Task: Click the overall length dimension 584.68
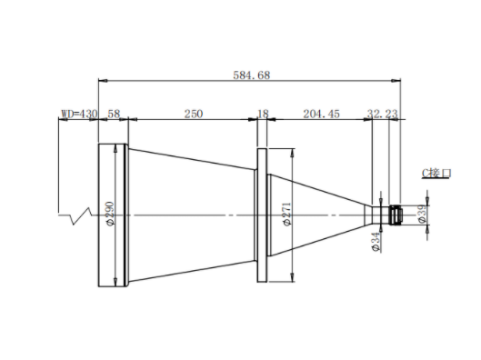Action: point(252,75)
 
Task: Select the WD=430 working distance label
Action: point(79,114)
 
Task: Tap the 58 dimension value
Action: point(114,114)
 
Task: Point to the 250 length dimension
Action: point(194,114)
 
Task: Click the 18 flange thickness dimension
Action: point(263,114)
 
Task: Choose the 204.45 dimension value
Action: point(322,114)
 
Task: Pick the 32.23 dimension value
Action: point(382,114)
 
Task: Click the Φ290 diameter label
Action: point(110,214)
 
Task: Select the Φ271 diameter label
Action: point(286,214)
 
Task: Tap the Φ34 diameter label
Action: point(376,242)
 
